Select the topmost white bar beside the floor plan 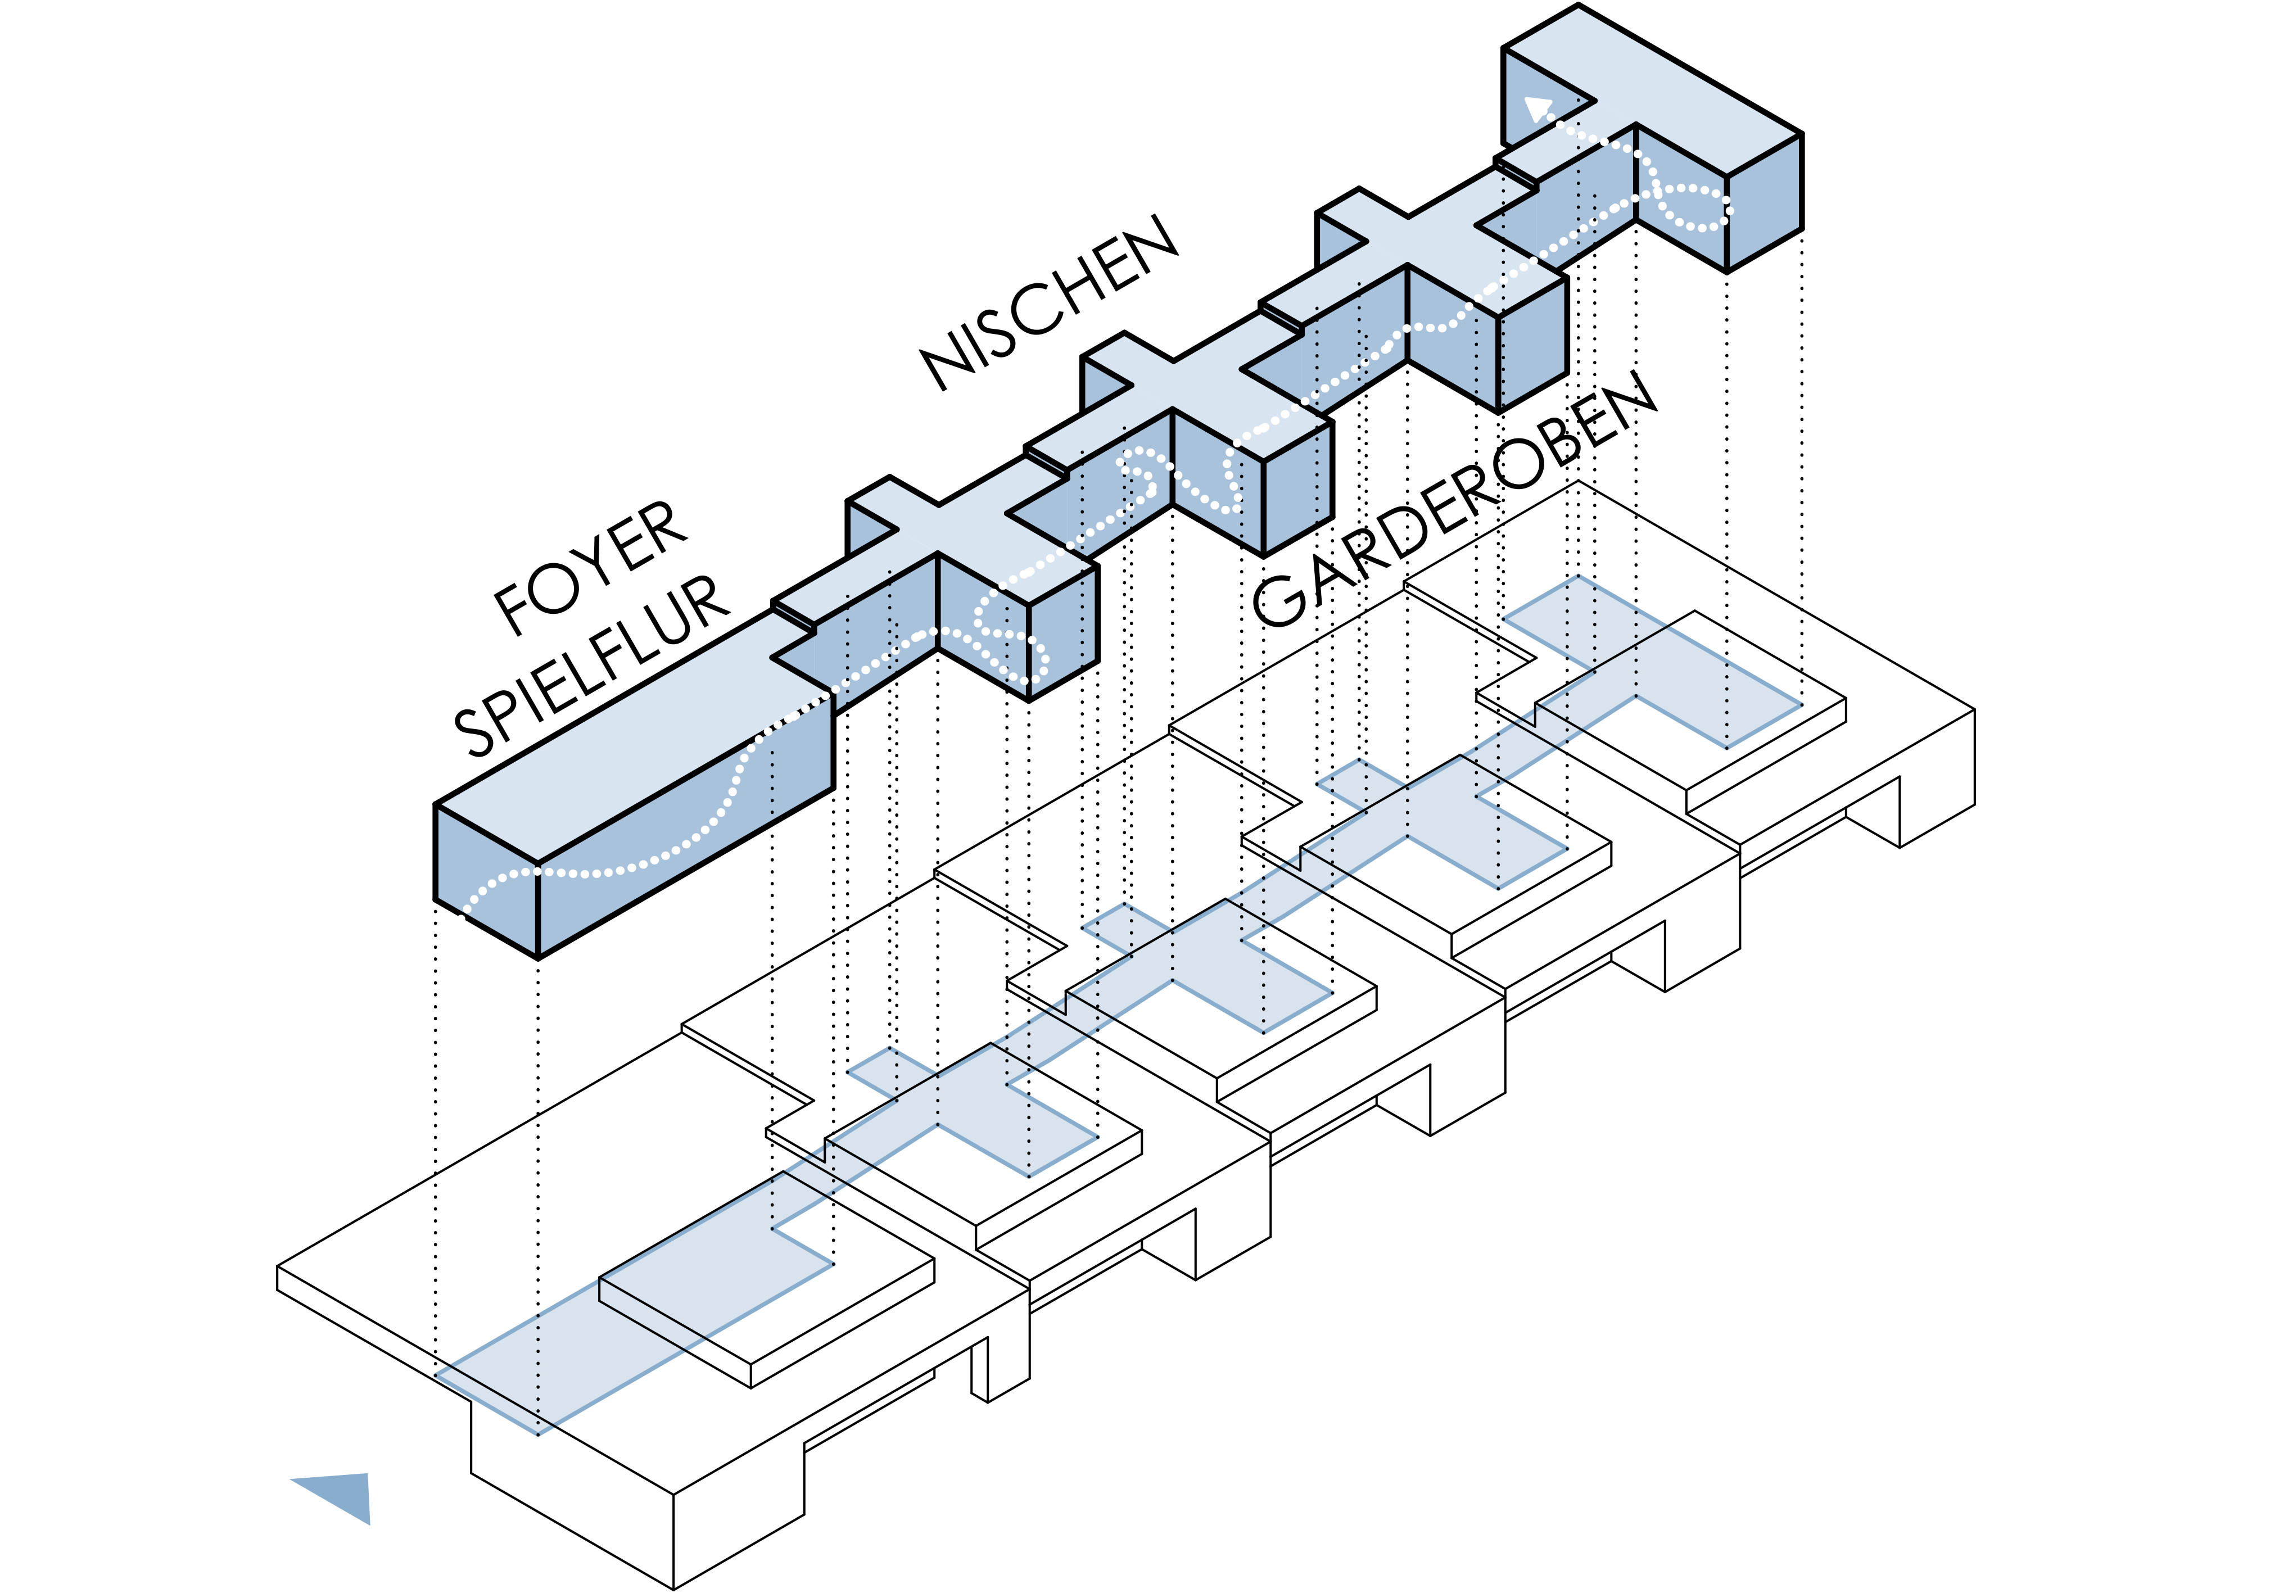pyautogui.click(x=1765, y=755)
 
